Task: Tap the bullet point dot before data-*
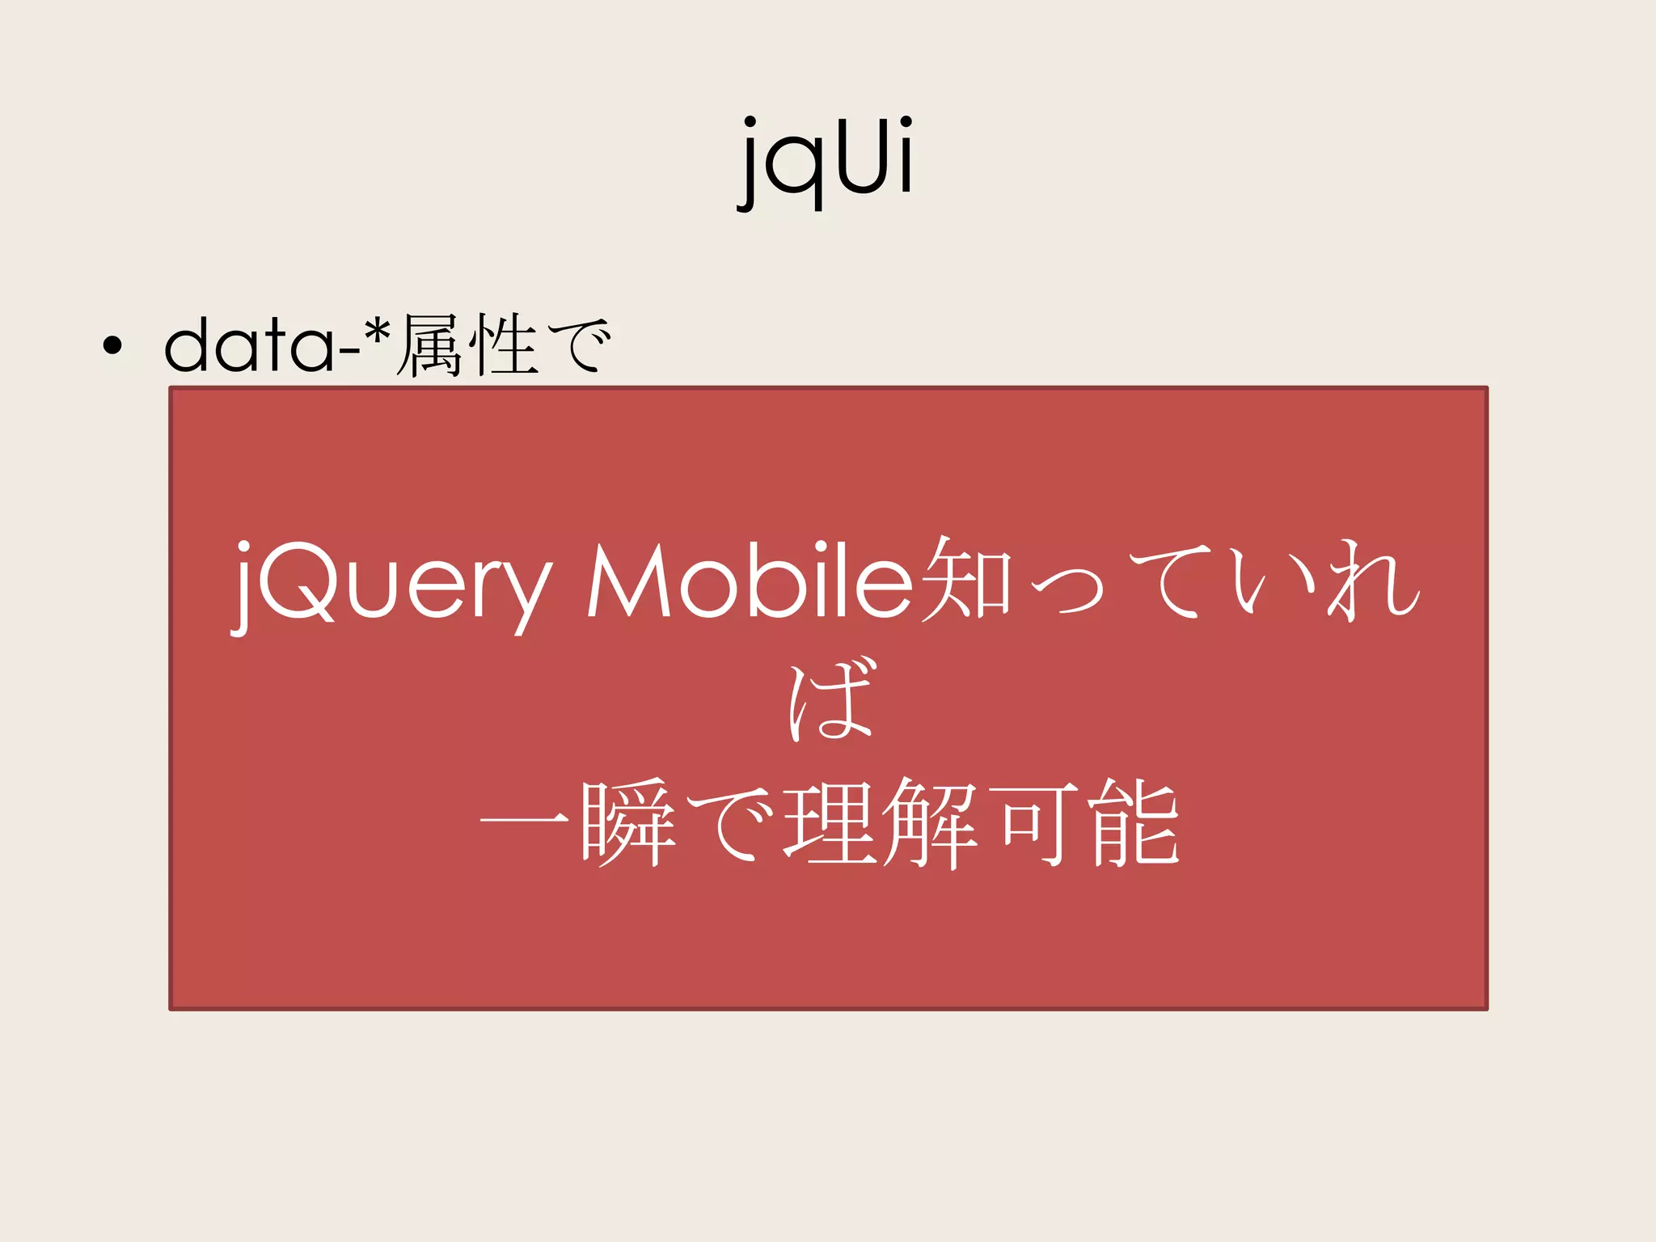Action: pos(112,346)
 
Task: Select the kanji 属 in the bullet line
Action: pos(431,345)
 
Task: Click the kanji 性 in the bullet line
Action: pos(505,345)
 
